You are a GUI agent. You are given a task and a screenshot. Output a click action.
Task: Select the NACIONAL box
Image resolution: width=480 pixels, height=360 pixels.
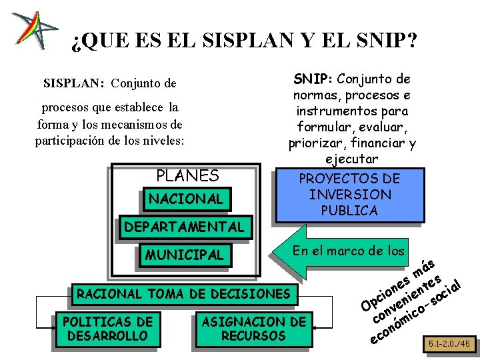click(x=186, y=199)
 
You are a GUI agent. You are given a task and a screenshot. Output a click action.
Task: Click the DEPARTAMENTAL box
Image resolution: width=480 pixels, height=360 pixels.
click(x=184, y=227)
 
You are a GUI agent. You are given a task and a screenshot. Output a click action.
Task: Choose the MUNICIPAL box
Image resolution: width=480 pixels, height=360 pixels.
click(x=185, y=255)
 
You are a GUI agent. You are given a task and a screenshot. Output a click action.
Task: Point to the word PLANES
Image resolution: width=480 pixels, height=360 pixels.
click(x=187, y=176)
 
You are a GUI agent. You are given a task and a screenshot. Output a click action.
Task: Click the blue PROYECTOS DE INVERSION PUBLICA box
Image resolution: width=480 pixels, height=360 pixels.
click(x=349, y=195)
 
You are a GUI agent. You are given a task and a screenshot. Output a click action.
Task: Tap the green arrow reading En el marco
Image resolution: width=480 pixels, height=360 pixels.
click(x=347, y=251)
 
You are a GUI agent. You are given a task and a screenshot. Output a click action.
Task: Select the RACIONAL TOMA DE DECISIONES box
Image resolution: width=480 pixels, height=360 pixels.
click(x=184, y=293)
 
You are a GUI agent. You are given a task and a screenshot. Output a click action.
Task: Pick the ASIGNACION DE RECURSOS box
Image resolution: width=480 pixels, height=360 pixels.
click(x=253, y=329)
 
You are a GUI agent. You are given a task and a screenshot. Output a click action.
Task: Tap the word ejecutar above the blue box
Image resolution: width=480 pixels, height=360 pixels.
click(x=352, y=159)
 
